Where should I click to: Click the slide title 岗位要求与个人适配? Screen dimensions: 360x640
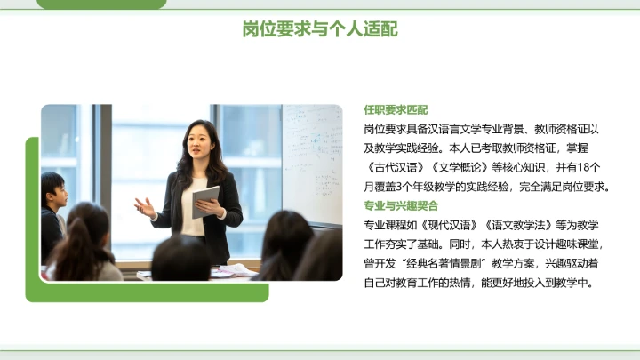pos(320,29)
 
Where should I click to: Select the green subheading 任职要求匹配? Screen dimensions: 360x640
pos(396,110)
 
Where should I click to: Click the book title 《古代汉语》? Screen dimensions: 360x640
pos(395,167)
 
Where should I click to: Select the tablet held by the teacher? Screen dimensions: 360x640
pos(205,200)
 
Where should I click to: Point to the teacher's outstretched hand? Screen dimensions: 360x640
pos(144,207)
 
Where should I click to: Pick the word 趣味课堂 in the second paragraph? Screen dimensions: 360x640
pos(578,244)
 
